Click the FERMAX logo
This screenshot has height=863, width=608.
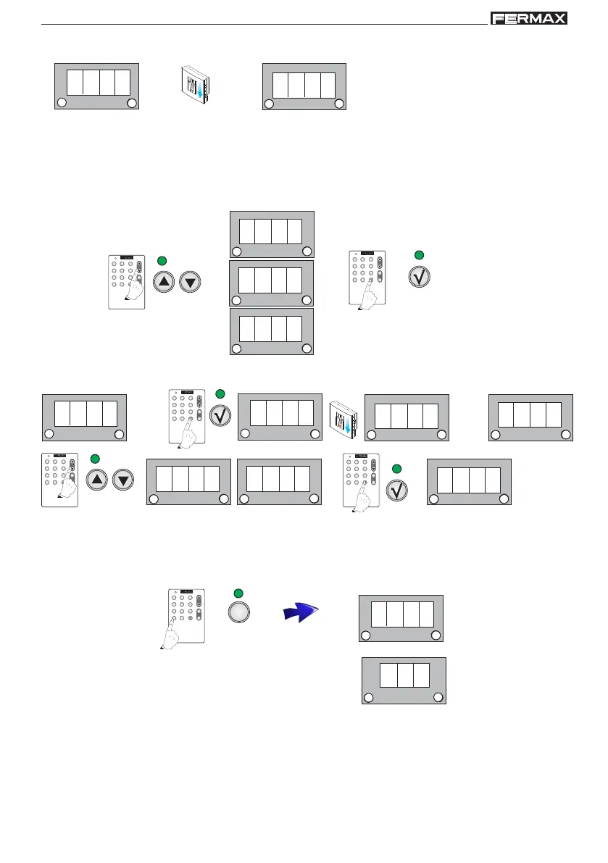coord(528,18)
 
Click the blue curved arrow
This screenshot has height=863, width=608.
coord(300,614)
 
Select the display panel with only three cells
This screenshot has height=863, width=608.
coord(404,680)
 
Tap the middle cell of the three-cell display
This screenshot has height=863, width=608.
coord(404,675)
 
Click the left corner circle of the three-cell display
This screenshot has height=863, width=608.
coord(368,697)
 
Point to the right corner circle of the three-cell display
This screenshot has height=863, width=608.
coord(438,697)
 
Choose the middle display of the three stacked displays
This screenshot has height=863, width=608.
coord(272,283)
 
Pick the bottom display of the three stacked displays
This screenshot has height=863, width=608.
coord(272,331)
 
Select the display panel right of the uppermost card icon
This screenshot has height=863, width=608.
coord(304,86)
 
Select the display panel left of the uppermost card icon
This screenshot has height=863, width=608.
coord(96,86)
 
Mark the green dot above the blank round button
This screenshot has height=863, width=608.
coord(239,594)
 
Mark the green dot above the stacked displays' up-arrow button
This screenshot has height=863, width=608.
coord(162,260)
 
